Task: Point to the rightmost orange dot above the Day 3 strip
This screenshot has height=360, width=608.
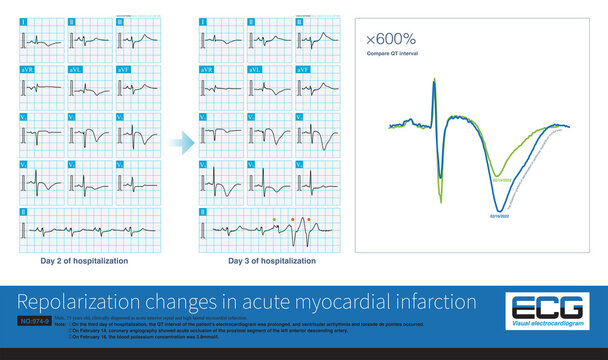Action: (308, 217)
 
